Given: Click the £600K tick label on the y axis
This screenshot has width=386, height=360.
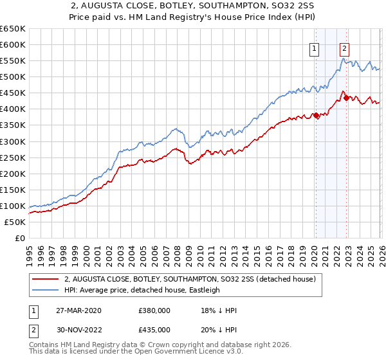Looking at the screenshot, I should point(13,45).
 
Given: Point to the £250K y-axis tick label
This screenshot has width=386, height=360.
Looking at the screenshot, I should point(13,157).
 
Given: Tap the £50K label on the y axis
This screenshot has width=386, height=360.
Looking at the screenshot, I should point(15,222).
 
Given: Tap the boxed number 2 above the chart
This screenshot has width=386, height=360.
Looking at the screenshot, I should point(345,47).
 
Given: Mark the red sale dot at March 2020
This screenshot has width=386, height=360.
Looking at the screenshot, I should point(316,116).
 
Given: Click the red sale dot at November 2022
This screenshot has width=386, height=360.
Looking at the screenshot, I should point(346,98).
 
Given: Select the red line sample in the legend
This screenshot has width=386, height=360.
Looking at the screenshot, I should point(45,280).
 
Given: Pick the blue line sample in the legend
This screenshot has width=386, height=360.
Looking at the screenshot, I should point(45,290).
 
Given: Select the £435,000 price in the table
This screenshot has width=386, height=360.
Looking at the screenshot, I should point(154,329).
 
